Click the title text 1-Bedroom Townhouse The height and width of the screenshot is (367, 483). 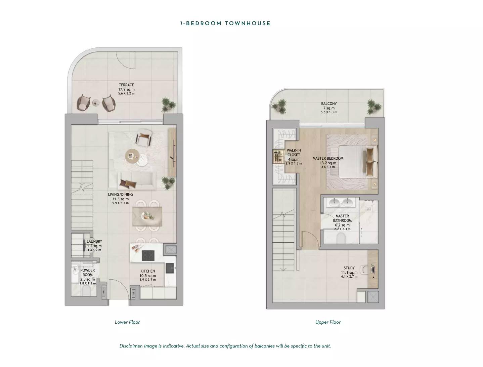[225, 23]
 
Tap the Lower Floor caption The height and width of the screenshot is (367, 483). [127, 322]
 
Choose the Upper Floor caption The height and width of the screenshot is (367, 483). [328, 322]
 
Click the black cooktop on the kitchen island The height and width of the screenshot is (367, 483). [148, 256]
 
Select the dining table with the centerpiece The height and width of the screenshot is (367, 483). [147, 216]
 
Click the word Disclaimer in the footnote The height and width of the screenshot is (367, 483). [131, 346]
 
